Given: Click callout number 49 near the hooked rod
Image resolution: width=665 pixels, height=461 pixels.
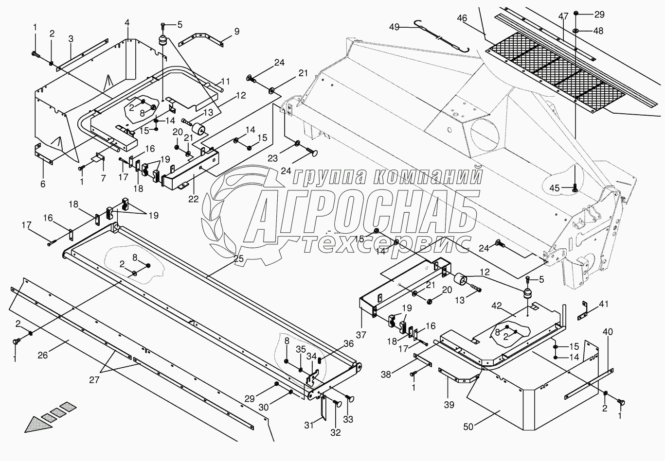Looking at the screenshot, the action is pyautogui.click(x=395, y=27).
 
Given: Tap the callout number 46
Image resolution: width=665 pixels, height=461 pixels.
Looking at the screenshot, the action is pyautogui.click(x=462, y=18).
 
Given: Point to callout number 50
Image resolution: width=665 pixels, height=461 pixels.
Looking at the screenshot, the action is pyautogui.click(x=468, y=427).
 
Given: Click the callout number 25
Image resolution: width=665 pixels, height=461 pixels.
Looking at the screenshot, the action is pyautogui.click(x=238, y=259).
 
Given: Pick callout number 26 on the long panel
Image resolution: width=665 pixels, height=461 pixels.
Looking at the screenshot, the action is pyautogui.click(x=43, y=355).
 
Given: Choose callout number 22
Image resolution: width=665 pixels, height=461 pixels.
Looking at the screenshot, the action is pyautogui.click(x=193, y=198).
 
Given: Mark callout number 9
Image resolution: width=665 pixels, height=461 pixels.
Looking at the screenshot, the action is pyautogui.click(x=236, y=32).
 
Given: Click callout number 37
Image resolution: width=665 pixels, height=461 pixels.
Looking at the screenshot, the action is pyautogui.click(x=361, y=335).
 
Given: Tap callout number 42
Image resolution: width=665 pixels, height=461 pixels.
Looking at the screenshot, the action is pyautogui.click(x=496, y=306).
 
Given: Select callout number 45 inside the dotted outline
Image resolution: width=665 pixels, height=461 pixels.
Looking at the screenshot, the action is pyautogui.click(x=555, y=188).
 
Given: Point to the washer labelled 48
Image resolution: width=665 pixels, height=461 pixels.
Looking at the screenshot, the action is pyautogui.click(x=575, y=31).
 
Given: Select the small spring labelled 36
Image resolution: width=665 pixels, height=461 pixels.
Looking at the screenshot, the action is pyautogui.click(x=320, y=360).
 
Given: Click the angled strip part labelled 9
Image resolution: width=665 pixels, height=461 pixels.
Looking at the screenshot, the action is pyautogui.click(x=201, y=39).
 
